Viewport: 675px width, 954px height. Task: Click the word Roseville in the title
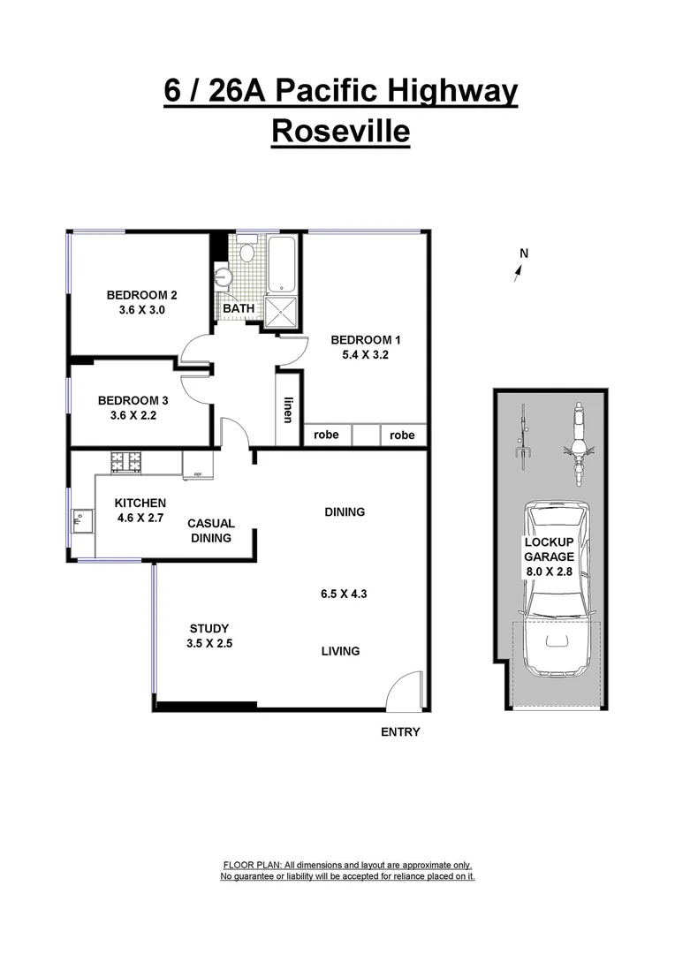click(x=340, y=131)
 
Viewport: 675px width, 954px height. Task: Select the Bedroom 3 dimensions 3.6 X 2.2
click(x=133, y=415)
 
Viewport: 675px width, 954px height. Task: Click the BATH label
click(x=239, y=308)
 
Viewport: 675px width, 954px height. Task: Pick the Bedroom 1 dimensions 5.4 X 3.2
click(x=360, y=355)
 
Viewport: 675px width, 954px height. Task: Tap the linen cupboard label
click(x=288, y=409)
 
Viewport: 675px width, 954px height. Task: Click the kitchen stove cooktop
click(x=126, y=460)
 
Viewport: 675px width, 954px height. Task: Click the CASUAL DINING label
click(x=210, y=531)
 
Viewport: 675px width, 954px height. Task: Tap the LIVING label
click(x=340, y=651)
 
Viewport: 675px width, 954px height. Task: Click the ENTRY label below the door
click(x=400, y=731)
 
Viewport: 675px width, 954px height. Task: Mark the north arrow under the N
click(x=518, y=273)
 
